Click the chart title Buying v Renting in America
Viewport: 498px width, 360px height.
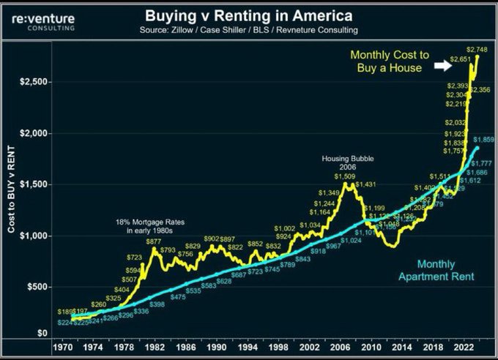(248, 15)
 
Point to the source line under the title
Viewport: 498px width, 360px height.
(248, 31)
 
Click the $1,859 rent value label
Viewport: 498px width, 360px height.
(484, 140)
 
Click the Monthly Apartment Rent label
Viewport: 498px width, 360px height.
(436, 270)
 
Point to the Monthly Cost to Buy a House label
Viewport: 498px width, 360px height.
(386, 61)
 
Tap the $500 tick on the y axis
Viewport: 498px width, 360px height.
(37, 287)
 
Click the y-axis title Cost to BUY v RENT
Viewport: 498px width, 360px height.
(12, 189)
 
